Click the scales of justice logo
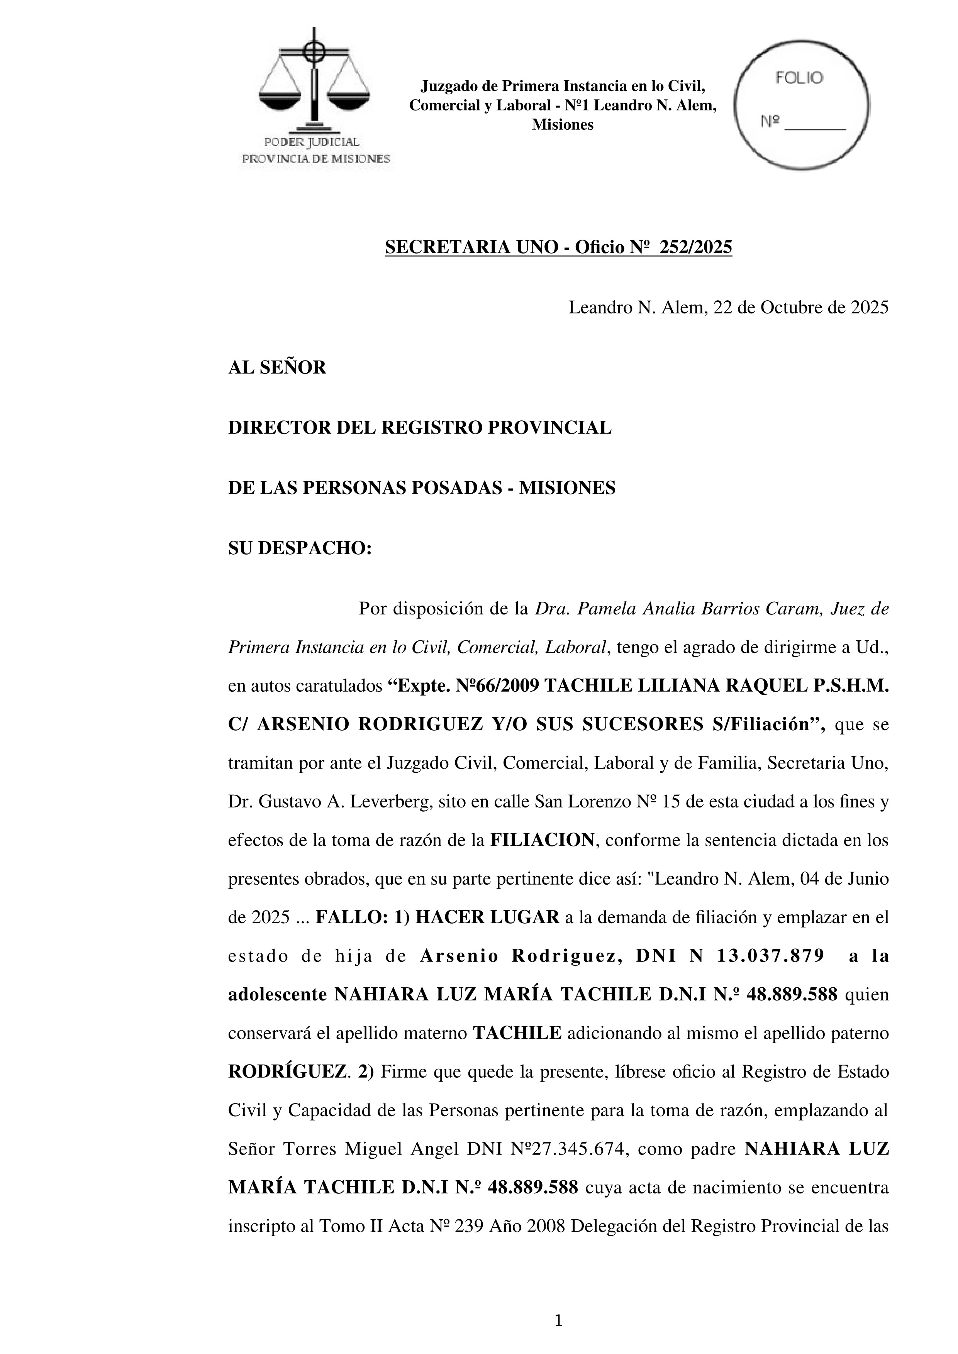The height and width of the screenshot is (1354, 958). pyautogui.click(x=314, y=83)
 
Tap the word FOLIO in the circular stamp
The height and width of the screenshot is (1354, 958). pyautogui.click(x=799, y=78)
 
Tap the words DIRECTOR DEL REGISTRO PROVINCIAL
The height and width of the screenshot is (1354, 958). pyautogui.click(x=419, y=428)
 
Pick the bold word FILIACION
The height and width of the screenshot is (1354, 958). pyautogui.click(x=542, y=840)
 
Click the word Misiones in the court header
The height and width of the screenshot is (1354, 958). pyautogui.click(x=562, y=125)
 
